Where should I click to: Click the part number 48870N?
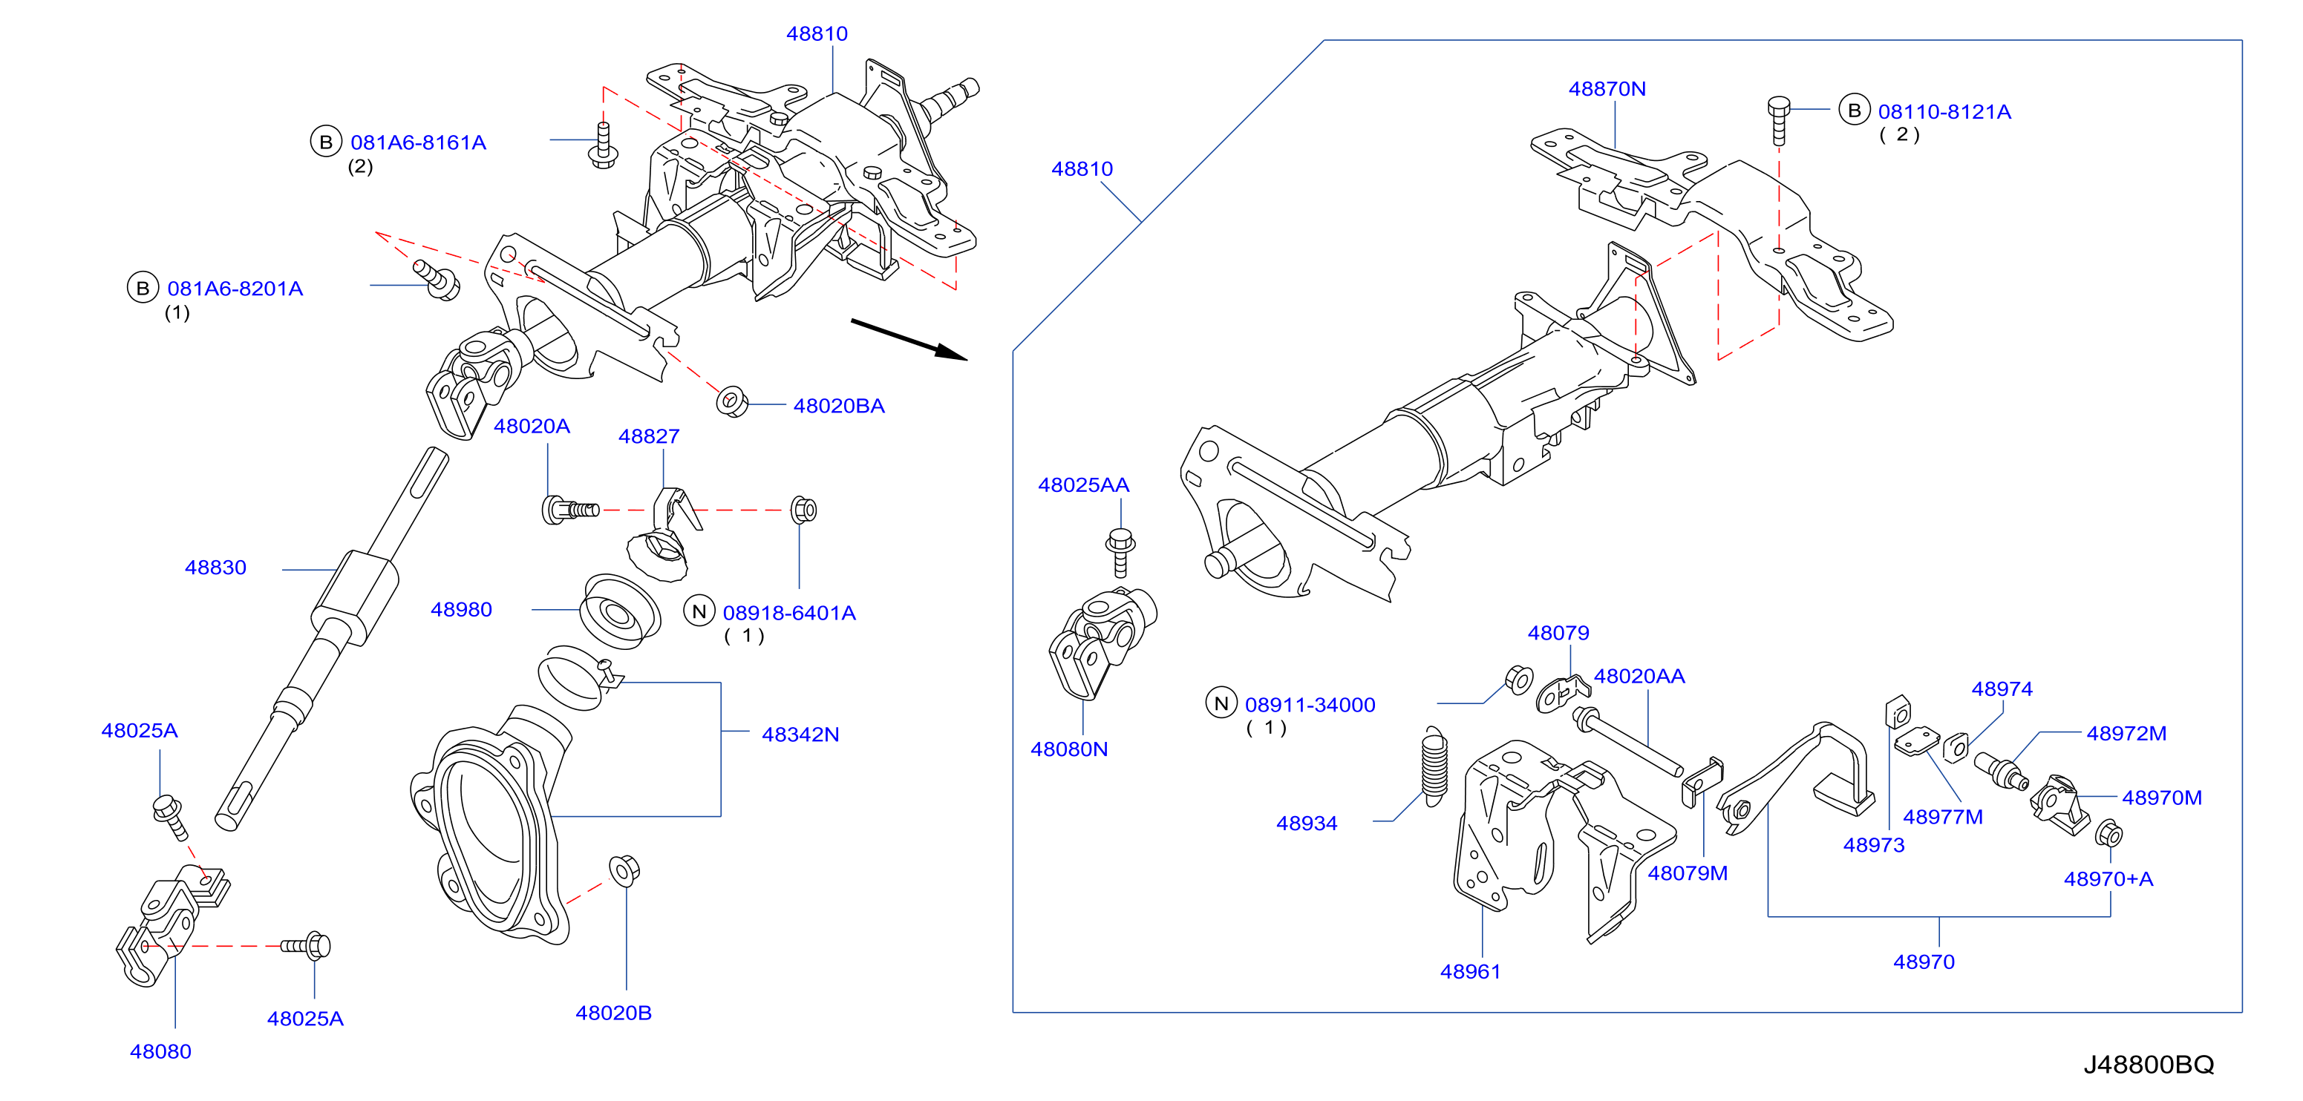(x=1607, y=88)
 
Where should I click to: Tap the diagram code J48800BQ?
(x=2149, y=1065)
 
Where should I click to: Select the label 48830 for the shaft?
(x=215, y=568)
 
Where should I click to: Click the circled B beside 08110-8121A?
(x=1854, y=110)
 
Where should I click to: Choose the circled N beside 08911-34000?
(x=1221, y=703)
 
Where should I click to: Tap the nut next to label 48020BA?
(x=732, y=401)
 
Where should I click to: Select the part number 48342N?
(x=800, y=734)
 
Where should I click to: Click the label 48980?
(x=461, y=610)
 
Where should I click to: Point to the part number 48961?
(x=1471, y=971)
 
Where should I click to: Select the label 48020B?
(x=613, y=1013)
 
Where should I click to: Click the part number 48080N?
(x=1069, y=749)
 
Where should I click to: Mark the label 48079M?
(x=1688, y=873)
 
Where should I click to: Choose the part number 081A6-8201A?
(x=235, y=289)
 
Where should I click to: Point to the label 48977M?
(x=1943, y=817)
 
